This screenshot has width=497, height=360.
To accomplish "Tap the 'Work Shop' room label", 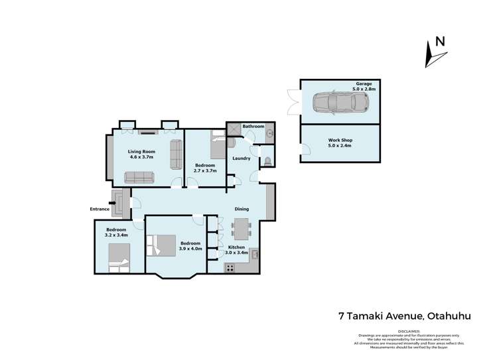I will (340, 140).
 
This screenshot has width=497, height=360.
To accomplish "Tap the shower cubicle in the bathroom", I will (234, 128).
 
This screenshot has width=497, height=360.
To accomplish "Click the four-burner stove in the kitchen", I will (231, 268).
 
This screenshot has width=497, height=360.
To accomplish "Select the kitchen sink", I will (254, 254).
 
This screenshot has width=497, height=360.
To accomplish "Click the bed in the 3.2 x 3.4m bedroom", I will (117, 258).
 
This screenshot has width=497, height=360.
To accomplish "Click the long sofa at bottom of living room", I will (138, 177).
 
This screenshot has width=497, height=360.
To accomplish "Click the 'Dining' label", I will (242, 209).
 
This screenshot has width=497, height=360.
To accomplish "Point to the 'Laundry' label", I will (240, 158).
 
